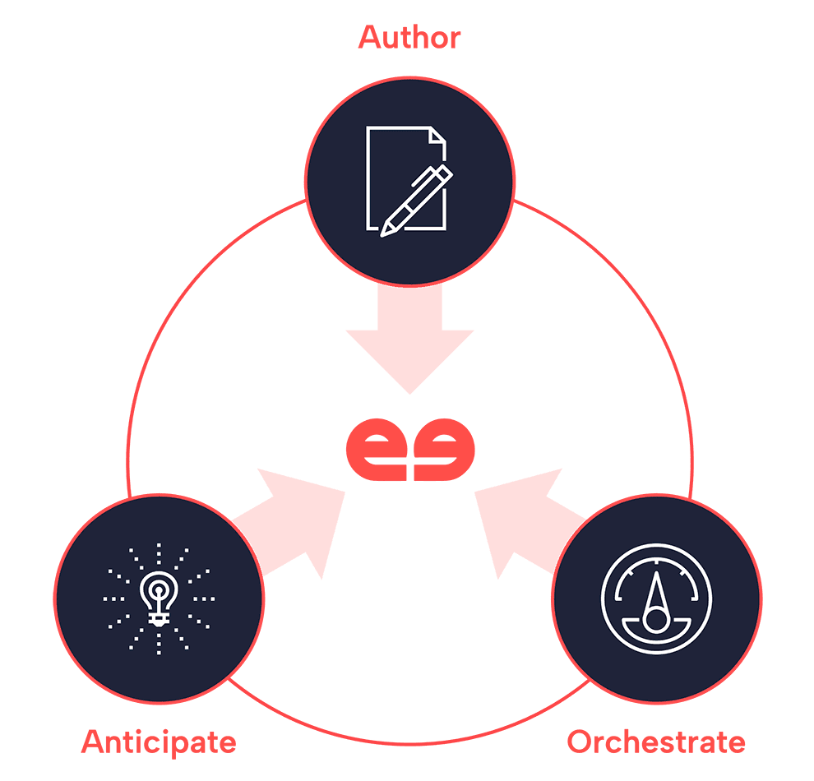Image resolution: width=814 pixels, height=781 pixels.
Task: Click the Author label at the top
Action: click(409, 38)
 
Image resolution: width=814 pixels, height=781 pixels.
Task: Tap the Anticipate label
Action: click(159, 742)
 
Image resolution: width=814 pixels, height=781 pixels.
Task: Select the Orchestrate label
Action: click(656, 742)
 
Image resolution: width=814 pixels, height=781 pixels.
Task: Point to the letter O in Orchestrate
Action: click(580, 742)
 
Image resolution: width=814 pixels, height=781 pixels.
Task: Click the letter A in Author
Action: click(369, 38)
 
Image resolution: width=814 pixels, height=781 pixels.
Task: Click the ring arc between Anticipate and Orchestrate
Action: click(409, 731)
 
